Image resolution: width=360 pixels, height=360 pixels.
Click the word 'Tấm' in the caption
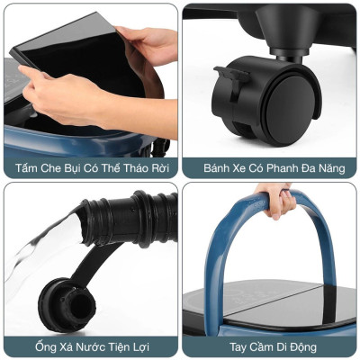click(30, 168)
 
